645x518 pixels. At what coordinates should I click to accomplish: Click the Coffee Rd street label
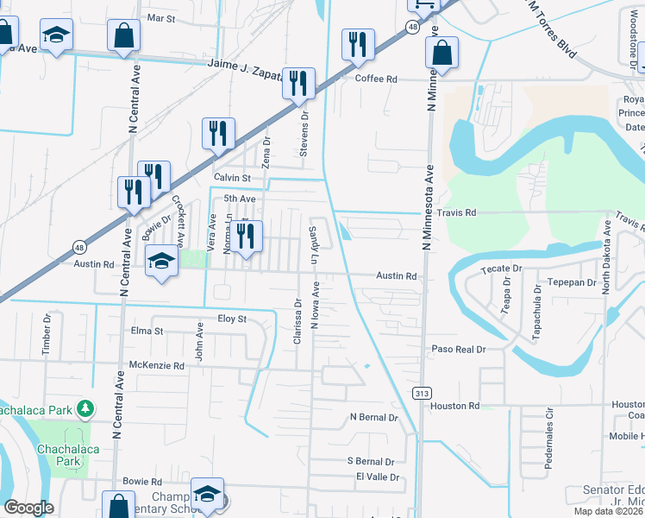[x=376, y=79]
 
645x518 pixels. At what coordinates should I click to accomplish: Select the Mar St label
[x=161, y=17]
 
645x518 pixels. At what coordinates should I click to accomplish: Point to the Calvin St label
[x=232, y=178]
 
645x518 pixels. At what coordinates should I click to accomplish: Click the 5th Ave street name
[x=240, y=199]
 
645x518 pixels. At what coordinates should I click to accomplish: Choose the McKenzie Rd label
[x=156, y=366]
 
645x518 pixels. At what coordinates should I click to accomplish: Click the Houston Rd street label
[x=454, y=406]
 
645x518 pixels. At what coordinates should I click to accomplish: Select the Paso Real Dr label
[x=460, y=350]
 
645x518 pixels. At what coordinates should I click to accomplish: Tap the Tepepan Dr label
[x=567, y=282]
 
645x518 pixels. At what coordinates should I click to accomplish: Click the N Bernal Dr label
[x=373, y=418]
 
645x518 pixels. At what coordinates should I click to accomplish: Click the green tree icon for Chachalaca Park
[x=85, y=407]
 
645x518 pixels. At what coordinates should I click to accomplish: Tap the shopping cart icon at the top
[x=423, y=5]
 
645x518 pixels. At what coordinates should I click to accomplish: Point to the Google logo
[x=29, y=508]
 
